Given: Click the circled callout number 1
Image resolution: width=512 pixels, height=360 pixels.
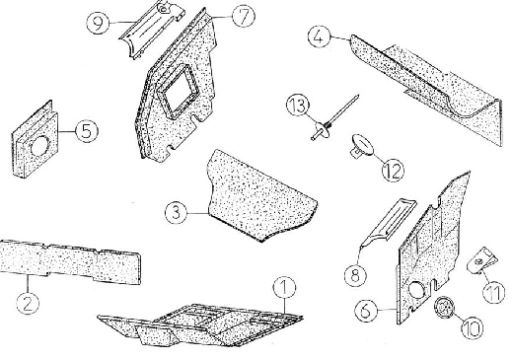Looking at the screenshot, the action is pyautogui.click(x=284, y=288).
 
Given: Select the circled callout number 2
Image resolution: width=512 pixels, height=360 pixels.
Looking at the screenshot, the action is pyautogui.click(x=28, y=303).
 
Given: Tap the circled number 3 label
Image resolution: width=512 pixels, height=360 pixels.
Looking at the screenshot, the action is pyautogui.click(x=176, y=212).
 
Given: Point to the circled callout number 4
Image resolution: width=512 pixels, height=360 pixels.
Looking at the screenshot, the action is pyautogui.click(x=319, y=36).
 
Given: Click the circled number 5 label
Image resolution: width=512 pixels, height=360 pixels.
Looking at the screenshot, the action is pyautogui.click(x=87, y=131).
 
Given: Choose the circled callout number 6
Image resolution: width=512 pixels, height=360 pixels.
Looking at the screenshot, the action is pyautogui.click(x=366, y=311).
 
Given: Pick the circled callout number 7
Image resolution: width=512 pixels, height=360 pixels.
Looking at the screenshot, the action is pyautogui.click(x=244, y=17).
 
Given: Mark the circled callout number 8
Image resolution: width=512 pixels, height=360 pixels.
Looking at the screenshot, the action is pyautogui.click(x=355, y=275).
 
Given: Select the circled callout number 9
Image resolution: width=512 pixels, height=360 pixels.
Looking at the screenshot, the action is pyautogui.click(x=98, y=23).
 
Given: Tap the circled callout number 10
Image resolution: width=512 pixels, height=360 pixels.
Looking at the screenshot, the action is pyautogui.click(x=473, y=327).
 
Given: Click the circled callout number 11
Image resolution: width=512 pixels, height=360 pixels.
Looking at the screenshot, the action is pyautogui.click(x=494, y=293).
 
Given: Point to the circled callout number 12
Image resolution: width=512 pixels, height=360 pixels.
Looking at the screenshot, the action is pyautogui.click(x=393, y=171).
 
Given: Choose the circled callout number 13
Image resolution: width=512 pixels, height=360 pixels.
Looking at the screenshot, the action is pyautogui.click(x=298, y=106).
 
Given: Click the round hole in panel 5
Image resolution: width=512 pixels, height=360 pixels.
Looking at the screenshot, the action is pyautogui.click(x=39, y=146).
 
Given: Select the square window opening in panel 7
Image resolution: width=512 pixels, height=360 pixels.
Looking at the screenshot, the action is pyautogui.click(x=180, y=92).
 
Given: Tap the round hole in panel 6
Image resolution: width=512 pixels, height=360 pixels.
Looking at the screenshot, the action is pyautogui.click(x=417, y=290).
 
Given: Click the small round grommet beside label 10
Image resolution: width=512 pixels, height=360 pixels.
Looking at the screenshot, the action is pyautogui.click(x=444, y=307).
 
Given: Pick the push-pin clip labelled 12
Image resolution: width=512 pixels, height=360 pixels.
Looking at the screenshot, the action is pyautogui.click(x=362, y=145).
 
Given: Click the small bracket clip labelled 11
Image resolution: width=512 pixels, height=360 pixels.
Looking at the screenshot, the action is pyautogui.click(x=481, y=260).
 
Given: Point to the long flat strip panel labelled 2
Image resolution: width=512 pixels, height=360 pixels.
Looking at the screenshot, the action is pyautogui.click(x=70, y=261).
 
